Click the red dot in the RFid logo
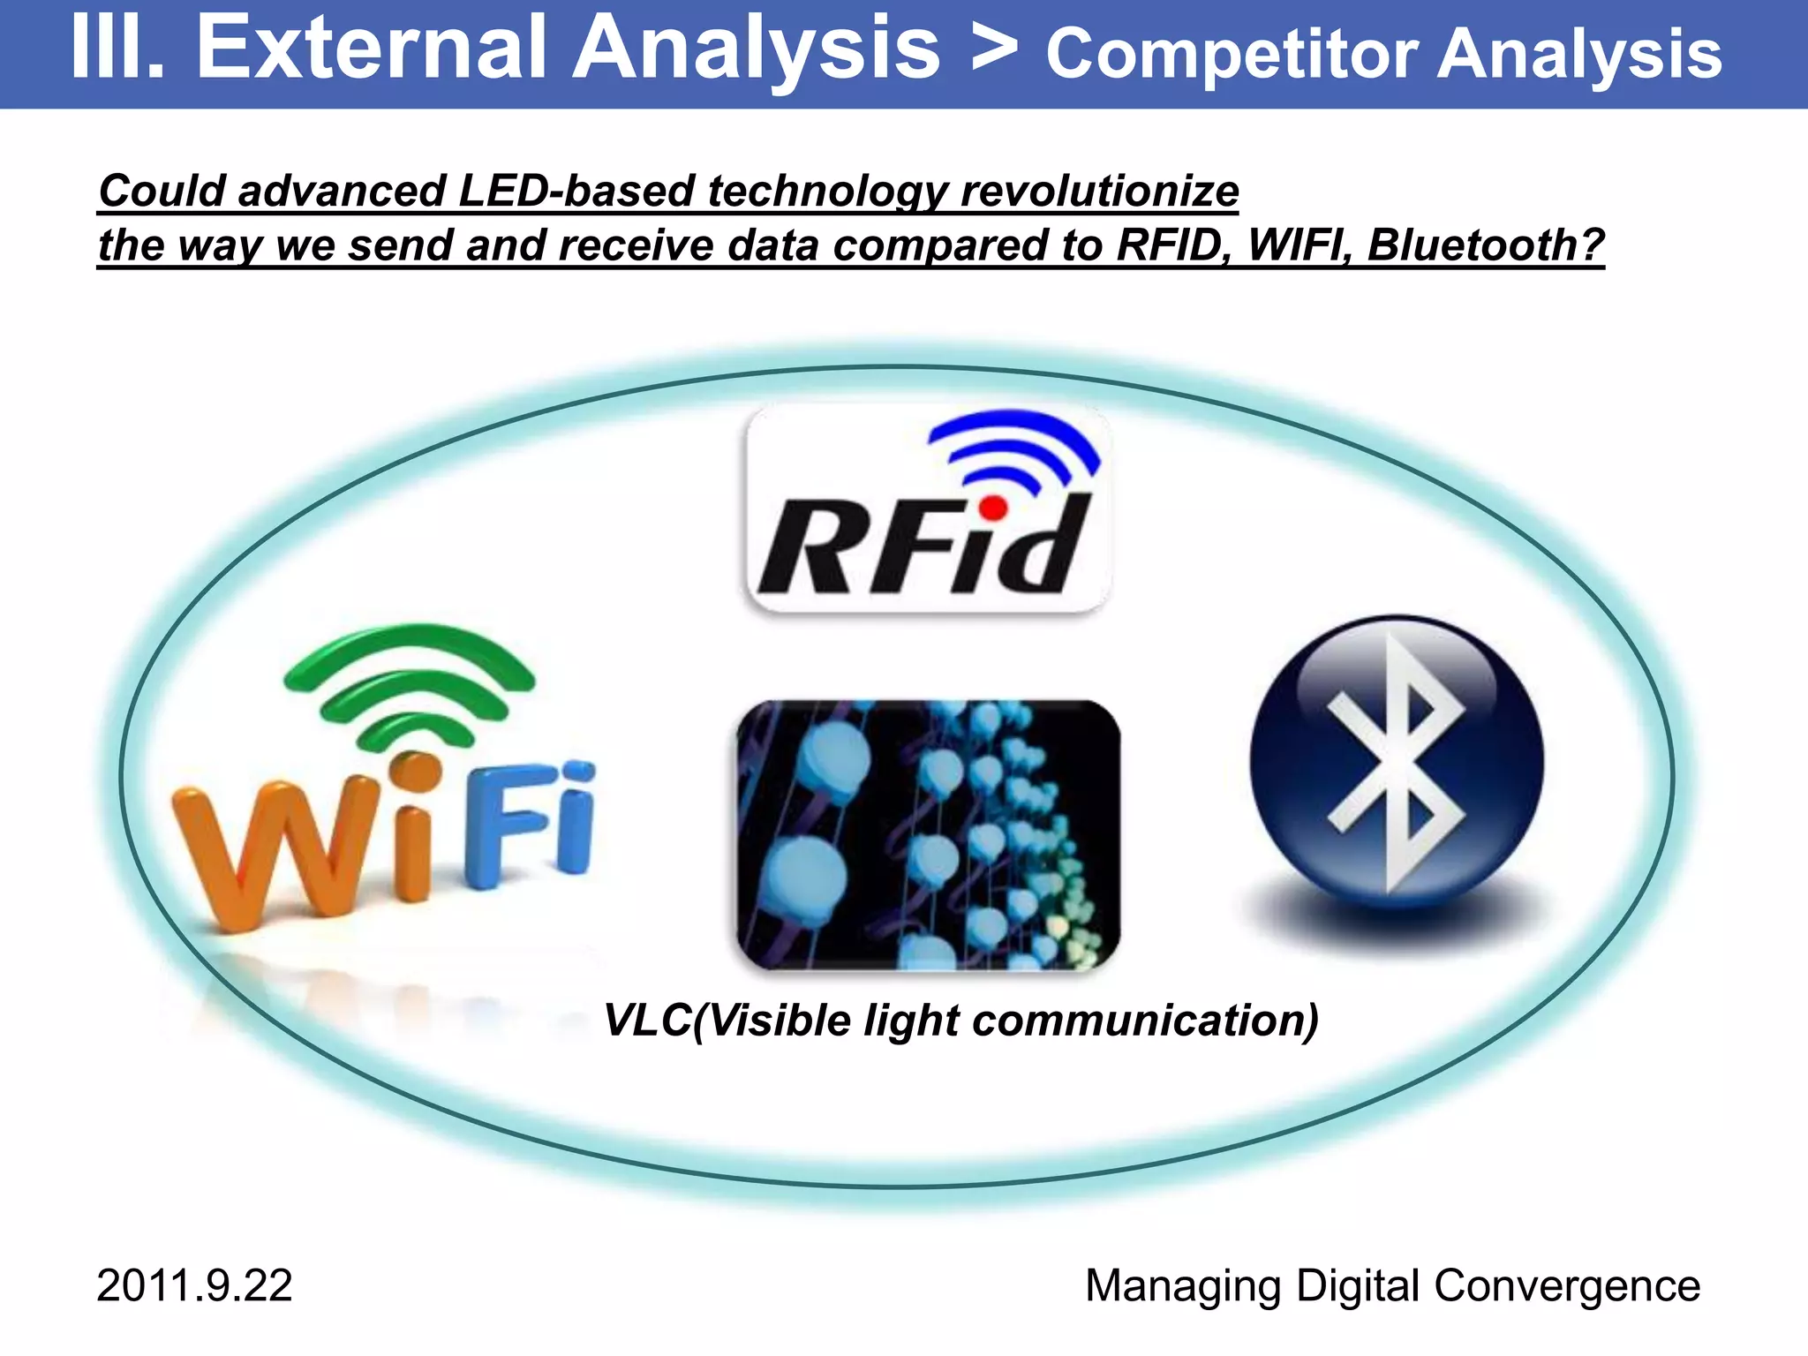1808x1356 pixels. tap(993, 508)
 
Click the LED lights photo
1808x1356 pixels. tap(927, 834)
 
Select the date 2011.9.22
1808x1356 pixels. tap(194, 1285)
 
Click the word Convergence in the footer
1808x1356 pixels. tap(1567, 1285)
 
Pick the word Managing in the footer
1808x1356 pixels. tap(1183, 1285)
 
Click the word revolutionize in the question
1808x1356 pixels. tap(1099, 191)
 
